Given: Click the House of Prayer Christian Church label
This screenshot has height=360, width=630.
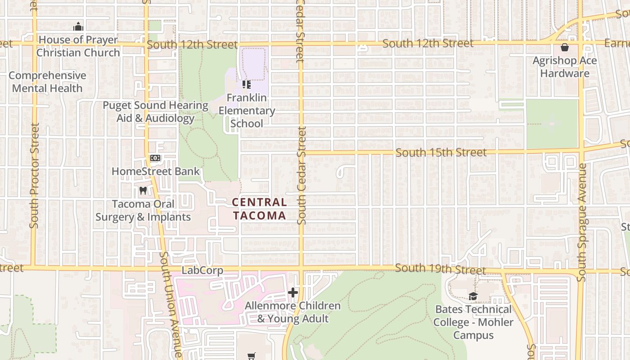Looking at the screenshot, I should (x=78, y=46).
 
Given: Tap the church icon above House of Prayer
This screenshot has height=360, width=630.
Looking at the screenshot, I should (x=78, y=27).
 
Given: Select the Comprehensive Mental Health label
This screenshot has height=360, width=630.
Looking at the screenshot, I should (x=47, y=82).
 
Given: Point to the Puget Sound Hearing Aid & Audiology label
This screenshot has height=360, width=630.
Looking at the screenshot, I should (x=155, y=112).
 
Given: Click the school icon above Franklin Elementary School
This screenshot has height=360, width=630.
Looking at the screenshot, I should (x=246, y=84).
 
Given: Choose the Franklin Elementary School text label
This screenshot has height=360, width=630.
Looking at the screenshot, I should (x=247, y=111).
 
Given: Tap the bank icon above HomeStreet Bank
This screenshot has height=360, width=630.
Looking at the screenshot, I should (x=155, y=158).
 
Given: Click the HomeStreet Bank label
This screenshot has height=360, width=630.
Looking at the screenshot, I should (x=155, y=171).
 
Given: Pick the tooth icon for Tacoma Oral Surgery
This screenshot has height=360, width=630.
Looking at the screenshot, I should (x=143, y=190).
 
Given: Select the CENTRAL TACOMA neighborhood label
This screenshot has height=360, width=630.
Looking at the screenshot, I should (x=260, y=209).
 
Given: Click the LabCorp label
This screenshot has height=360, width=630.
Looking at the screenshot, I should (x=202, y=271).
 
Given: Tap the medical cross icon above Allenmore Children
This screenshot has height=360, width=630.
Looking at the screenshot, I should (x=293, y=293).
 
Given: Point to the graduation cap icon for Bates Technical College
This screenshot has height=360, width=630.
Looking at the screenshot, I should (x=473, y=296).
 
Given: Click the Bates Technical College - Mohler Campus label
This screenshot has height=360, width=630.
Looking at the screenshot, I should (x=473, y=322).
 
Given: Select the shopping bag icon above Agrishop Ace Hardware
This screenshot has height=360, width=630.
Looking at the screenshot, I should (x=565, y=47).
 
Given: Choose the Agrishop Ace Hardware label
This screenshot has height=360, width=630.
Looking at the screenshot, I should (x=565, y=67).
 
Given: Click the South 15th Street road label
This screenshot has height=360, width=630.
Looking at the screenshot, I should (x=441, y=153).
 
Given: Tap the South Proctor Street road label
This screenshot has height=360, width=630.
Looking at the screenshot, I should (x=35, y=175).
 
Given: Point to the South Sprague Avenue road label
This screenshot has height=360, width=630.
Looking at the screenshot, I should (x=582, y=222).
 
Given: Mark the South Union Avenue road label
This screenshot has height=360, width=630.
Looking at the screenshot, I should (x=171, y=306).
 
